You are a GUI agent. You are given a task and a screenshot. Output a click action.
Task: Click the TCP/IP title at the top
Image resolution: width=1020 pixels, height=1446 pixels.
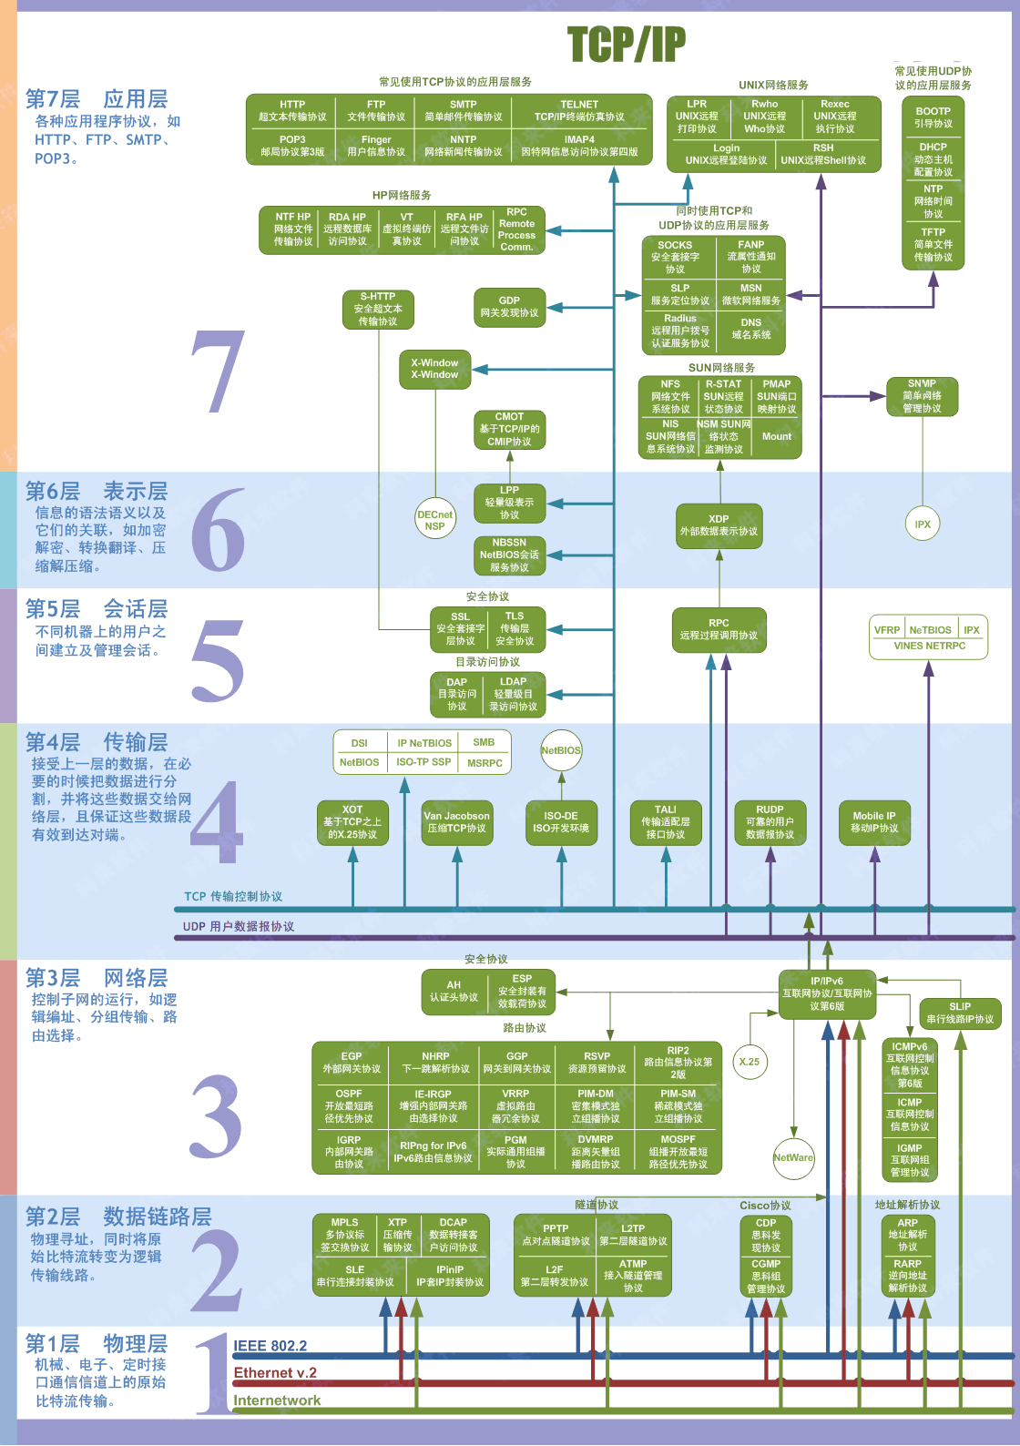626,45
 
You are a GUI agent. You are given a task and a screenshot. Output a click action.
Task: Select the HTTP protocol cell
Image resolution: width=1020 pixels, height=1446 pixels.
292,110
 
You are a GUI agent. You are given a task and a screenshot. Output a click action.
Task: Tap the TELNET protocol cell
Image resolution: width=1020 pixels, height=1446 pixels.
579,110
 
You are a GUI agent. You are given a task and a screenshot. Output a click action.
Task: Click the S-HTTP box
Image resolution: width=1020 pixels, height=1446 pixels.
378,309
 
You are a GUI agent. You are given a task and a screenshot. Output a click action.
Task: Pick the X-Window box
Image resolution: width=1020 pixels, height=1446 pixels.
434,369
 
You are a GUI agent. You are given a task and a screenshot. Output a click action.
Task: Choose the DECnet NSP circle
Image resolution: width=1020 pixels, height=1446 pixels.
434,520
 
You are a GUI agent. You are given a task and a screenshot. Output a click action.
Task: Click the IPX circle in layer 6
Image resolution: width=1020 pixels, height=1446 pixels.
923,524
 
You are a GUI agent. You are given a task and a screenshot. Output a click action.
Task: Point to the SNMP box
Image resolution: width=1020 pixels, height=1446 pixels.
922,396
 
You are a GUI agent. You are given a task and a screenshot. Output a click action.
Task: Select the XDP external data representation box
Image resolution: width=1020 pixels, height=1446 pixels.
719,525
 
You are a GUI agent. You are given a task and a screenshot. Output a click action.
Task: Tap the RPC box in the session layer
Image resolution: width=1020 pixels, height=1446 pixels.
719,629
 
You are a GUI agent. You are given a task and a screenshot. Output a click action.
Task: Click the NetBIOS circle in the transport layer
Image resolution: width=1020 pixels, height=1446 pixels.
561,750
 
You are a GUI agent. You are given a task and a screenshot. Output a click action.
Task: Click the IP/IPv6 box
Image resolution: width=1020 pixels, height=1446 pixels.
827,993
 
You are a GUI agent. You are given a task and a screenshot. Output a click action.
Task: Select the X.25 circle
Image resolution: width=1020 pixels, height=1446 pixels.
750,1061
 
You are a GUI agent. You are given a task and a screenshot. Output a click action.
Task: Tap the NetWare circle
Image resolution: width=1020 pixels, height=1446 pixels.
793,1157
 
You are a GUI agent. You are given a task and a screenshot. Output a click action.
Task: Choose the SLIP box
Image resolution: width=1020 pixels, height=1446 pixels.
960,1013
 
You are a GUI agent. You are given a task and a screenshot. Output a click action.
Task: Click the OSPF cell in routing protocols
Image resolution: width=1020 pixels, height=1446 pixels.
349,1105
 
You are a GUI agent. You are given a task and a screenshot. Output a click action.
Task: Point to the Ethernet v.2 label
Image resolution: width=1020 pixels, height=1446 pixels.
275,1373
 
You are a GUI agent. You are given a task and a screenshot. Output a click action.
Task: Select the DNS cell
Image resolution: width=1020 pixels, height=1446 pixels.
751,328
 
